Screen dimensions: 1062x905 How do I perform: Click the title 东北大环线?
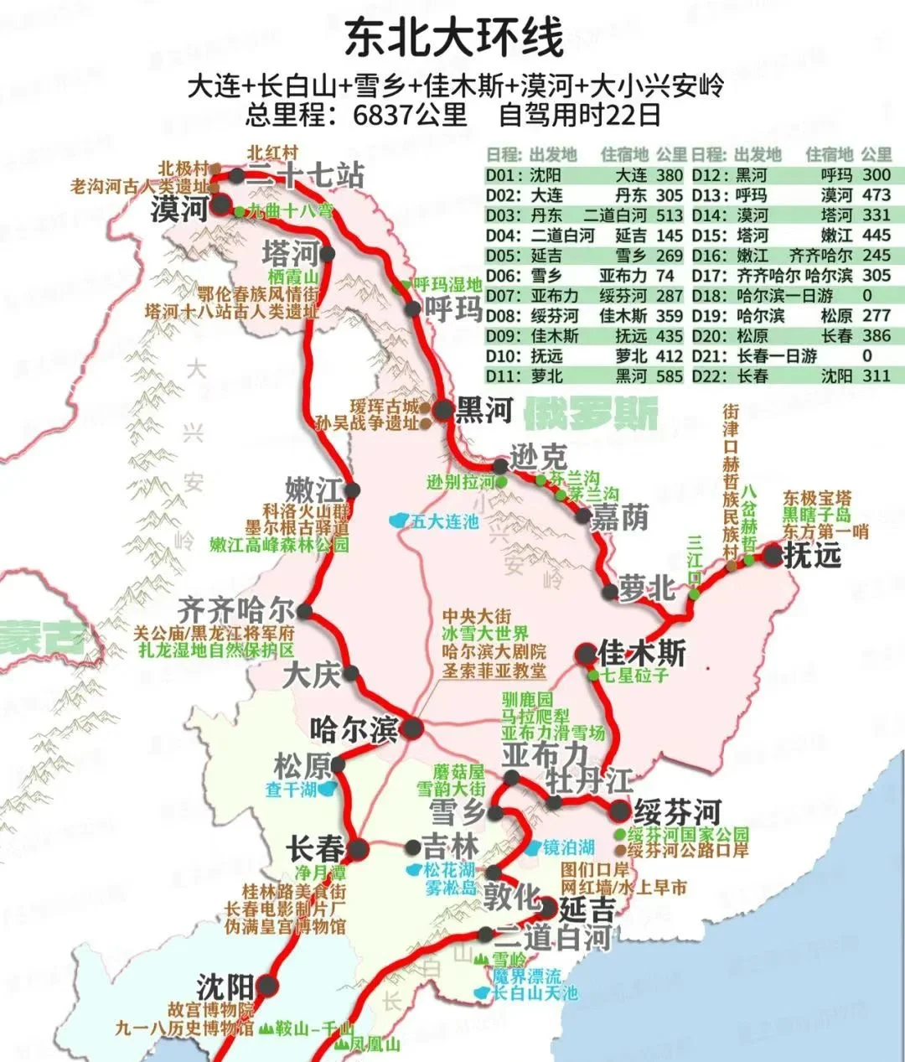tap(453, 39)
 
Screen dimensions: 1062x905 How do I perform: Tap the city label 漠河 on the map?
tap(179, 209)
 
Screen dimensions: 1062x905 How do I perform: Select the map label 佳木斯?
tap(643, 652)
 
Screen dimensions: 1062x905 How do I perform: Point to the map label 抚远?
tap(812, 555)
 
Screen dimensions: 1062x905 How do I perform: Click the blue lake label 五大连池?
tap(444, 521)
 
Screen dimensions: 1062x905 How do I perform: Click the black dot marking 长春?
tap(359, 849)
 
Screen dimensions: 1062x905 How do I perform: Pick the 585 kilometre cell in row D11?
tap(670, 376)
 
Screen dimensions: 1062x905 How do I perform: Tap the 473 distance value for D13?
tap(876, 195)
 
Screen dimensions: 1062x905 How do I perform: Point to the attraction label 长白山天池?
tap(535, 993)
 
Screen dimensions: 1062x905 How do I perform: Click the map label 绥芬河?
tap(677, 811)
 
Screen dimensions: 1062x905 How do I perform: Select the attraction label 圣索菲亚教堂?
tap(494, 670)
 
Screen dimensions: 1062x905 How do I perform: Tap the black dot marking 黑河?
tap(442, 410)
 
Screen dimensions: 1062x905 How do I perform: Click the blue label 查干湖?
tap(291, 789)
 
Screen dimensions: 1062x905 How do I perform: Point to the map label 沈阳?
tap(225, 986)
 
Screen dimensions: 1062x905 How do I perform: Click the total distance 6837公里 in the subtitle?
tap(410, 114)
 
